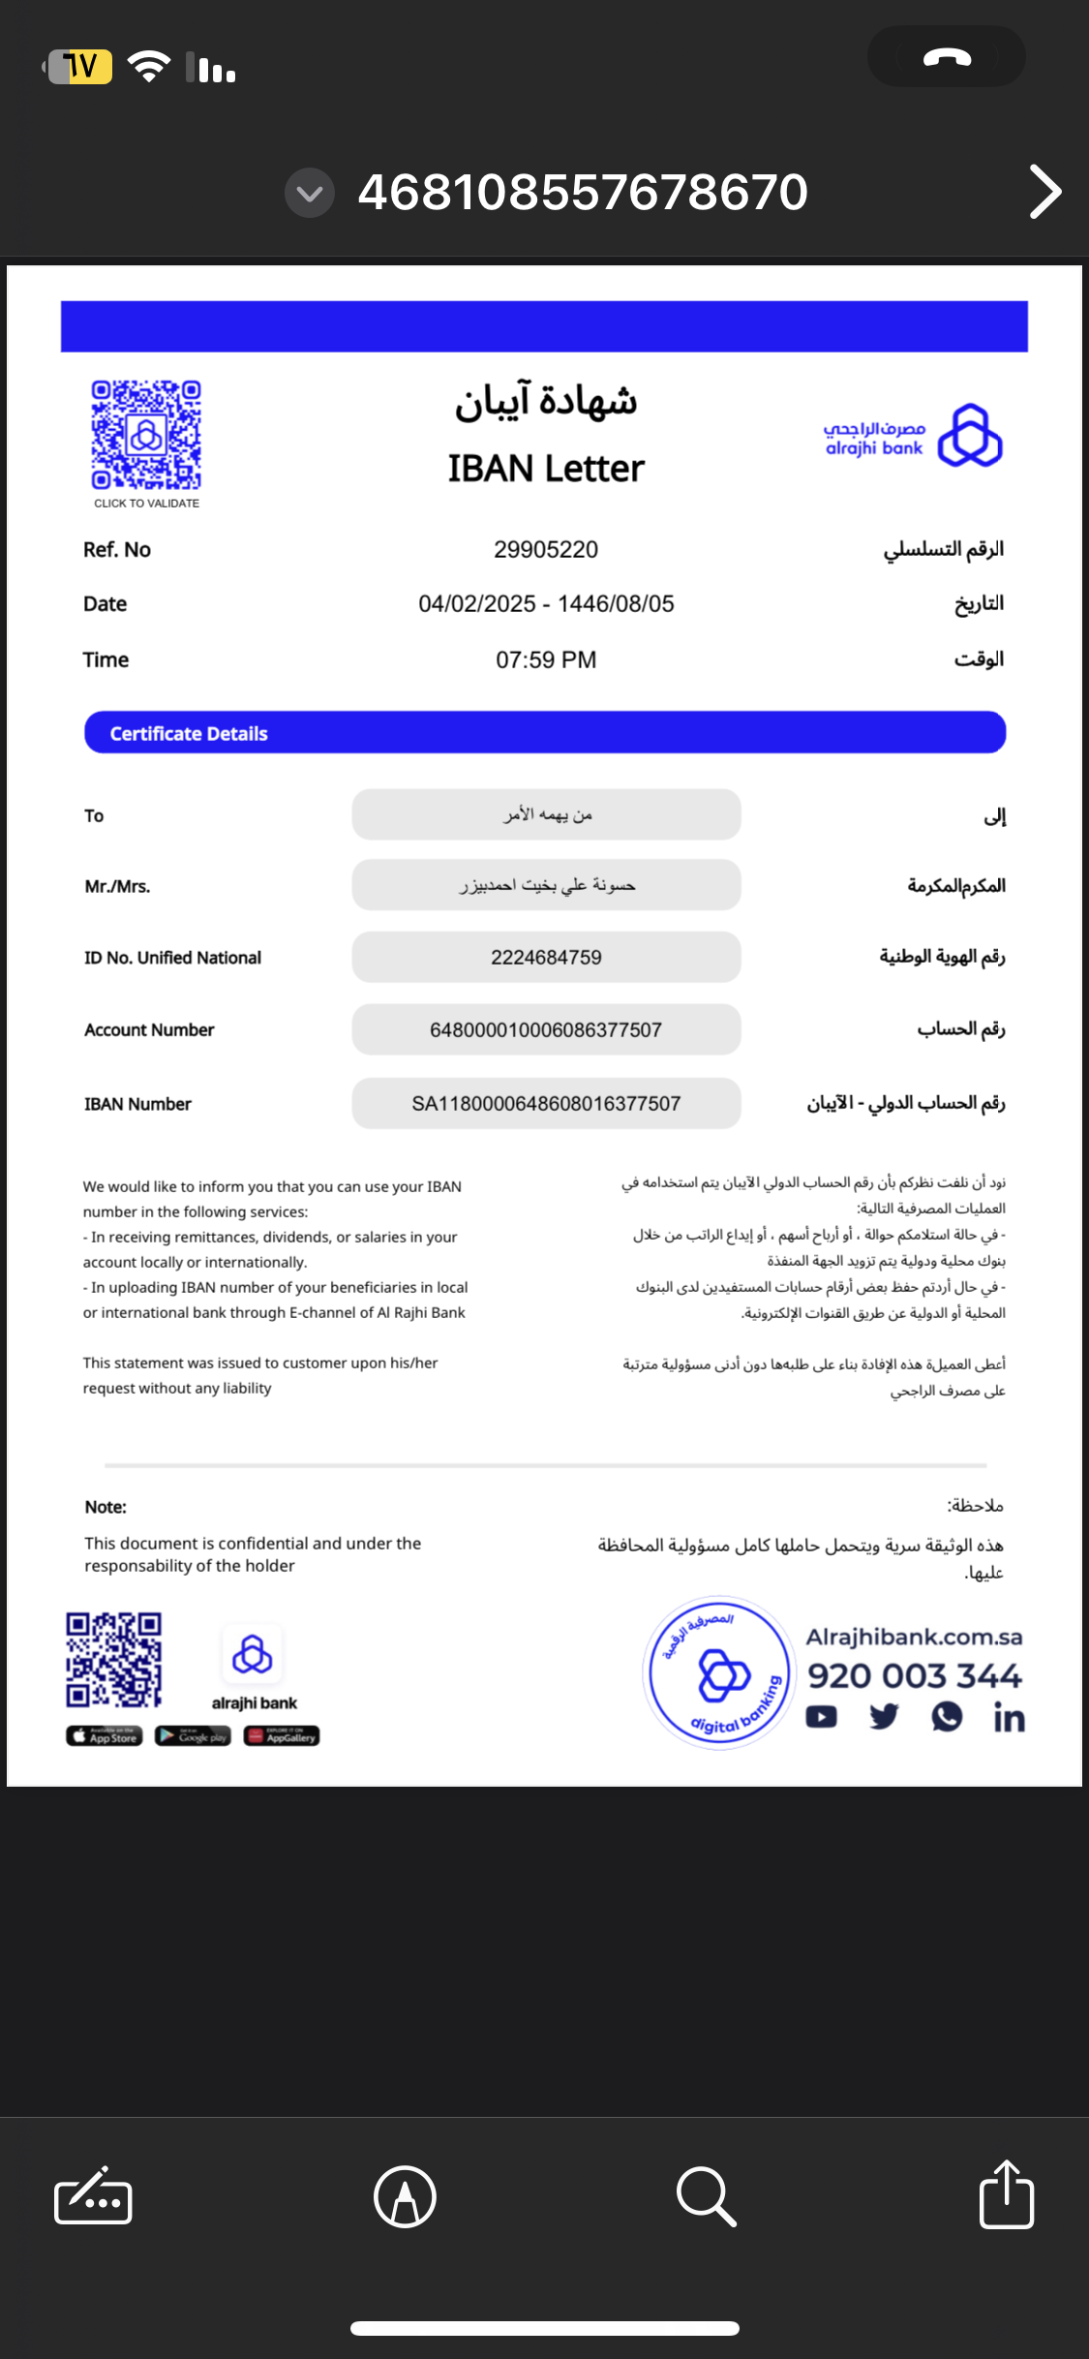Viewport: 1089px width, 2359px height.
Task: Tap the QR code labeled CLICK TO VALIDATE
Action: (146, 435)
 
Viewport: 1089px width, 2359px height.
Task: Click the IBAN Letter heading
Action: (546, 469)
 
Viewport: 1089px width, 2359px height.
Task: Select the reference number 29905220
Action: (546, 550)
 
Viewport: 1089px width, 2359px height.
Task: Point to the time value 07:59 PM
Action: (546, 660)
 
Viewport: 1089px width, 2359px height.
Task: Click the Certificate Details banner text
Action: (189, 734)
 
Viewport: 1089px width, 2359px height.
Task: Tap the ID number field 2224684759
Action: (546, 958)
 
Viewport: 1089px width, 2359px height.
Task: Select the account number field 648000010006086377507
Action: (546, 1030)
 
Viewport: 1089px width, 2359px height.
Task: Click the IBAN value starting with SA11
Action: (546, 1104)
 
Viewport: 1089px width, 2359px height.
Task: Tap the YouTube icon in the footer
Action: (822, 1717)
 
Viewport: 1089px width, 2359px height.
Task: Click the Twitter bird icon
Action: (884, 1717)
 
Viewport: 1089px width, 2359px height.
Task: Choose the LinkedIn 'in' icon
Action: (1009, 1718)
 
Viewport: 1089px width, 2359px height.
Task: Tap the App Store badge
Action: (105, 1736)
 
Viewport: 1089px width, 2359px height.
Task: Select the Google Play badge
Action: (193, 1736)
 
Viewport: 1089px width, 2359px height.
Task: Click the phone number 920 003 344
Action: (915, 1676)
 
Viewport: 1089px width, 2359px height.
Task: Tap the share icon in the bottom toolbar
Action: (1007, 2195)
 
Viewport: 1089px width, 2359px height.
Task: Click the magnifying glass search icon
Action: (706, 2196)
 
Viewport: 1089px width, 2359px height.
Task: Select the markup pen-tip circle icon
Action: (405, 2196)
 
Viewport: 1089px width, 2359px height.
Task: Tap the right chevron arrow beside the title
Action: (1045, 192)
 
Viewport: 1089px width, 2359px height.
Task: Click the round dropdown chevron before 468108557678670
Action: (310, 193)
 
